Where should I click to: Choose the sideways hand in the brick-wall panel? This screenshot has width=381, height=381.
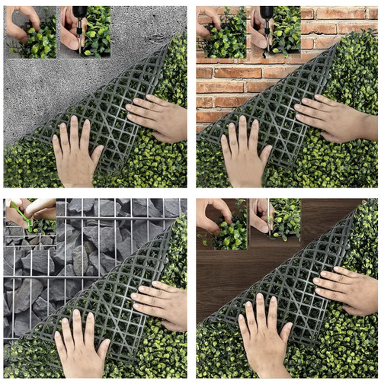[335, 118]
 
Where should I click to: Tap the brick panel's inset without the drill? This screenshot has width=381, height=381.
[221, 32]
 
